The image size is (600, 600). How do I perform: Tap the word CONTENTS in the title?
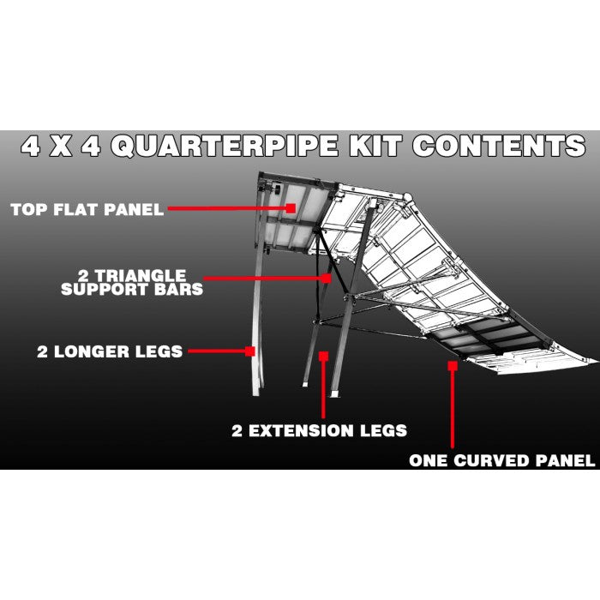(x=499, y=147)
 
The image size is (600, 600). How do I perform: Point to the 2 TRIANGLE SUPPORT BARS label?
(x=132, y=282)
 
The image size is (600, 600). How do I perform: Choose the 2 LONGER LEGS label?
(x=110, y=351)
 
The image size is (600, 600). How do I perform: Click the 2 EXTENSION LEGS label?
(x=319, y=429)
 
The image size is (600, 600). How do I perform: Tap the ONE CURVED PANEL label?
(x=501, y=460)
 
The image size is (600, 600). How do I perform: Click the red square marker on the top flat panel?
(x=291, y=208)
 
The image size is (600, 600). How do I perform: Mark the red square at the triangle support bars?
(x=327, y=278)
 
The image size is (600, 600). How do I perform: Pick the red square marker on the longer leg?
(x=251, y=351)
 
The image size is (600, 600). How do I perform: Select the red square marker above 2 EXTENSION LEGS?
(x=323, y=355)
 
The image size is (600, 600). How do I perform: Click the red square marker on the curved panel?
(x=452, y=365)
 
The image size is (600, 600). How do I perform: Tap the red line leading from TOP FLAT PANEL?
(x=227, y=208)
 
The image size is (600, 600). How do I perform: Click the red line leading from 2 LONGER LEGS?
(x=217, y=351)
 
